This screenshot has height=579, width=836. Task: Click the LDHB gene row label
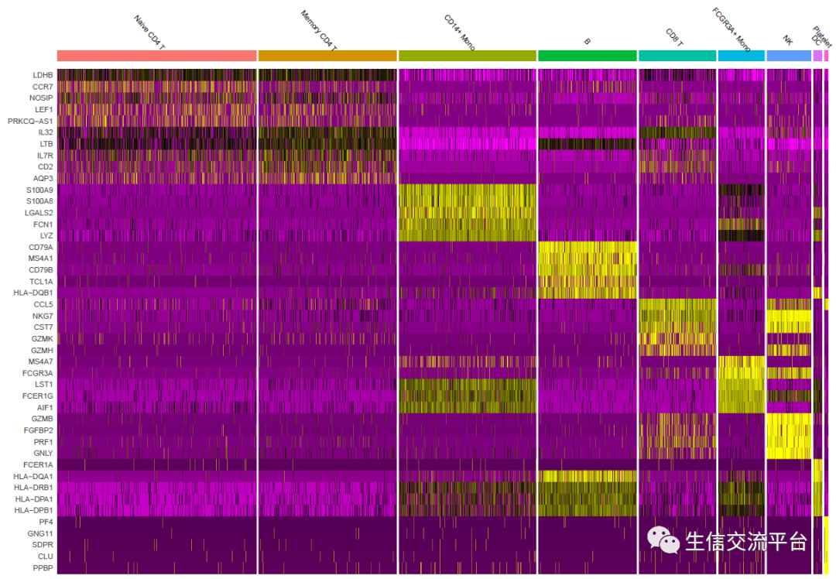(x=43, y=75)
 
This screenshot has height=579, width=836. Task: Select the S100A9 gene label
(x=39, y=190)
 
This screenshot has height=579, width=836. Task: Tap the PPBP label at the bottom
(x=42, y=567)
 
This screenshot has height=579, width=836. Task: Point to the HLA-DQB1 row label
(x=34, y=293)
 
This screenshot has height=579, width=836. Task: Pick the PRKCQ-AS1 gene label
(x=30, y=121)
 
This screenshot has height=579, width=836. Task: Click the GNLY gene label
(x=43, y=453)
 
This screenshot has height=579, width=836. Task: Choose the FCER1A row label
(x=38, y=464)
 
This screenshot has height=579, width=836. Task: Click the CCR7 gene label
(x=43, y=87)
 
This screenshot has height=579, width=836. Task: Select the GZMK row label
(x=42, y=338)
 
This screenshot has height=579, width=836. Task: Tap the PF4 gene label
(x=46, y=522)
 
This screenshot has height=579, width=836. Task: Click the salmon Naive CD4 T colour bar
(x=156, y=56)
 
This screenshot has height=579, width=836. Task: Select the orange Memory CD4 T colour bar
(x=327, y=56)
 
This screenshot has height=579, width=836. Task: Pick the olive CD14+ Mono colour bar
(x=468, y=56)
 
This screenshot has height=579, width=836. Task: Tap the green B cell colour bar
(x=588, y=56)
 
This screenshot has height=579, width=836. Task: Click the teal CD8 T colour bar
(x=677, y=56)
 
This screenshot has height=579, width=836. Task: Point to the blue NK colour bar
(x=788, y=56)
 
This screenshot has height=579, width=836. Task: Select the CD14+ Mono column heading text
(x=459, y=32)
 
